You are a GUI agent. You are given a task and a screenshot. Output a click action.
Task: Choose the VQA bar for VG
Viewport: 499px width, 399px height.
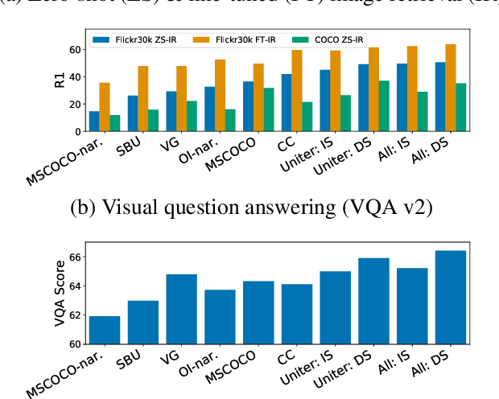pos(182,309)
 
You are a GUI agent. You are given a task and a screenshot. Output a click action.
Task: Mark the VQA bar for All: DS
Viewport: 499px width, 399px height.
pos(450,297)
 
